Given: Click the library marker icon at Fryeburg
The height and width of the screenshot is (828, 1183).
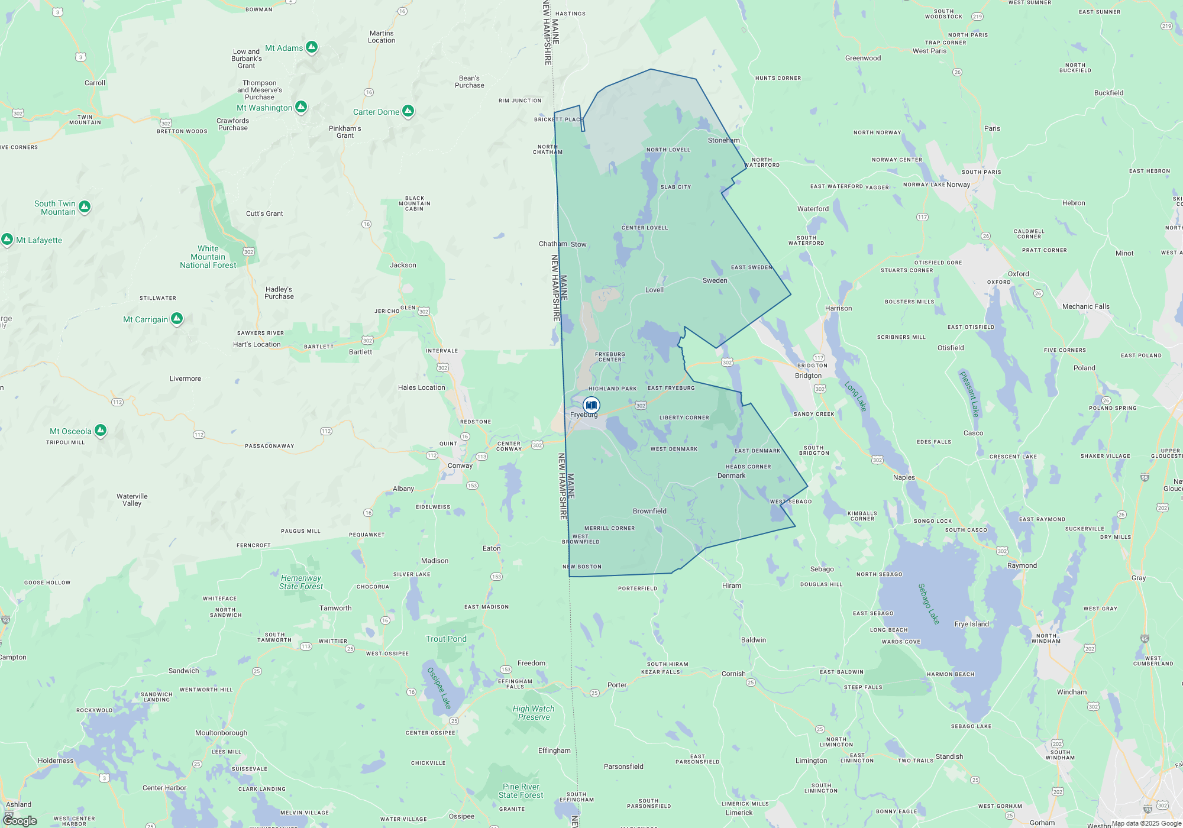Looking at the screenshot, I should click(x=591, y=405).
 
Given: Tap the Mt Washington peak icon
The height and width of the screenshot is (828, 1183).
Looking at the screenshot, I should click(x=301, y=107).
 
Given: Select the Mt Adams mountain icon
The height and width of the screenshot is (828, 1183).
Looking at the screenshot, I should click(x=312, y=47).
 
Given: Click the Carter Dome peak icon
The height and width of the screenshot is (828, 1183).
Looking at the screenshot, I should click(x=408, y=111).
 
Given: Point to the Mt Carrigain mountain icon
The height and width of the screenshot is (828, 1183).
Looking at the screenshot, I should click(x=177, y=319).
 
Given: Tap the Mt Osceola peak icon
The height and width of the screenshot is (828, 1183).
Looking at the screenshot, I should click(x=101, y=430).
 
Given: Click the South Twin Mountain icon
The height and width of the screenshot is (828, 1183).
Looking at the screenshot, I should click(x=85, y=206).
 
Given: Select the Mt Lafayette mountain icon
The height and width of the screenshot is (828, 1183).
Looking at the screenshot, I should click(x=7, y=240).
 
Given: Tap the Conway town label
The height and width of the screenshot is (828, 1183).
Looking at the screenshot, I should click(x=460, y=465).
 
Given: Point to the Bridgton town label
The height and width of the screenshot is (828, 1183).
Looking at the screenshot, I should click(x=808, y=376).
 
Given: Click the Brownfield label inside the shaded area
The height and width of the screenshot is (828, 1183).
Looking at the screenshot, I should click(x=649, y=511).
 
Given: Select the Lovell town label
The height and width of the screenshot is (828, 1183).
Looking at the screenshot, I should click(x=654, y=290).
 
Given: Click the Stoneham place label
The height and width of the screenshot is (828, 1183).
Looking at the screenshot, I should click(x=723, y=140).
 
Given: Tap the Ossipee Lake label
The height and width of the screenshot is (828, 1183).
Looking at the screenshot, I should click(x=439, y=688).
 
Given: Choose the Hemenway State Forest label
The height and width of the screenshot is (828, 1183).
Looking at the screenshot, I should click(x=301, y=582).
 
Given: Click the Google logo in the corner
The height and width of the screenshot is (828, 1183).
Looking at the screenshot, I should click(x=20, y=820).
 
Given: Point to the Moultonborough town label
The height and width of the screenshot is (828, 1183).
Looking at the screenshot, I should click(x=221, y=733).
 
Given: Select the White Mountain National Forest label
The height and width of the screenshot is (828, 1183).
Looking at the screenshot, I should click(x=208, y=257).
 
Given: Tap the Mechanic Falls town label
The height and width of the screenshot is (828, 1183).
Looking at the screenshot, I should click(x=1085, y=306).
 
